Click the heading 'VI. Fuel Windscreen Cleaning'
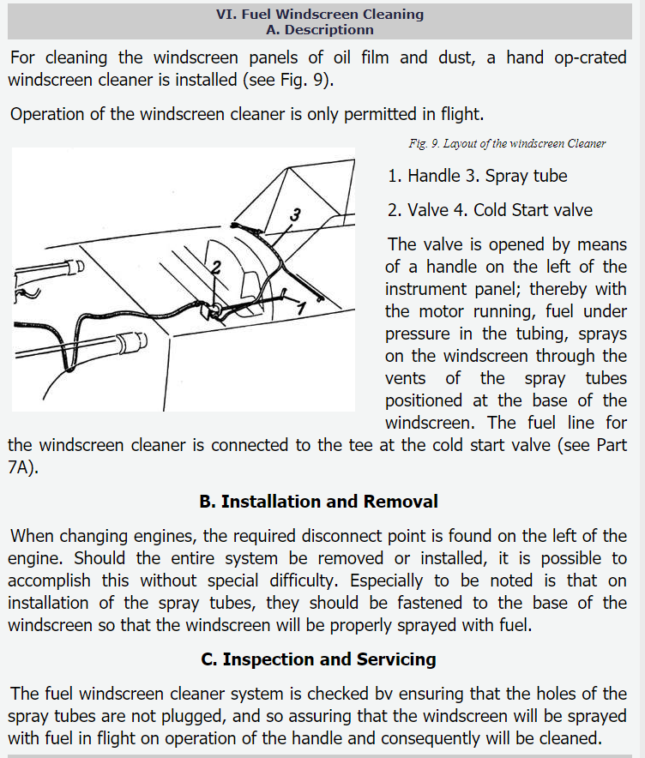[x=320, y=14]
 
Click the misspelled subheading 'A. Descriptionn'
[x=320, y=29]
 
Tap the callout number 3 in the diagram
[x=294, y=214]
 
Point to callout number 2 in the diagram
[x=216, y=267]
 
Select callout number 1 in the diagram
[x=301, y=305]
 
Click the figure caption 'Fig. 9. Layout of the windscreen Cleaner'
[x=507, y=143]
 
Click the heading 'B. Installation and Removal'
[x=318, y=502]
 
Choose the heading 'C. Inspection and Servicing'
[x=318, y=659]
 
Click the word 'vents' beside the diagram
[x=406, y=378]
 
